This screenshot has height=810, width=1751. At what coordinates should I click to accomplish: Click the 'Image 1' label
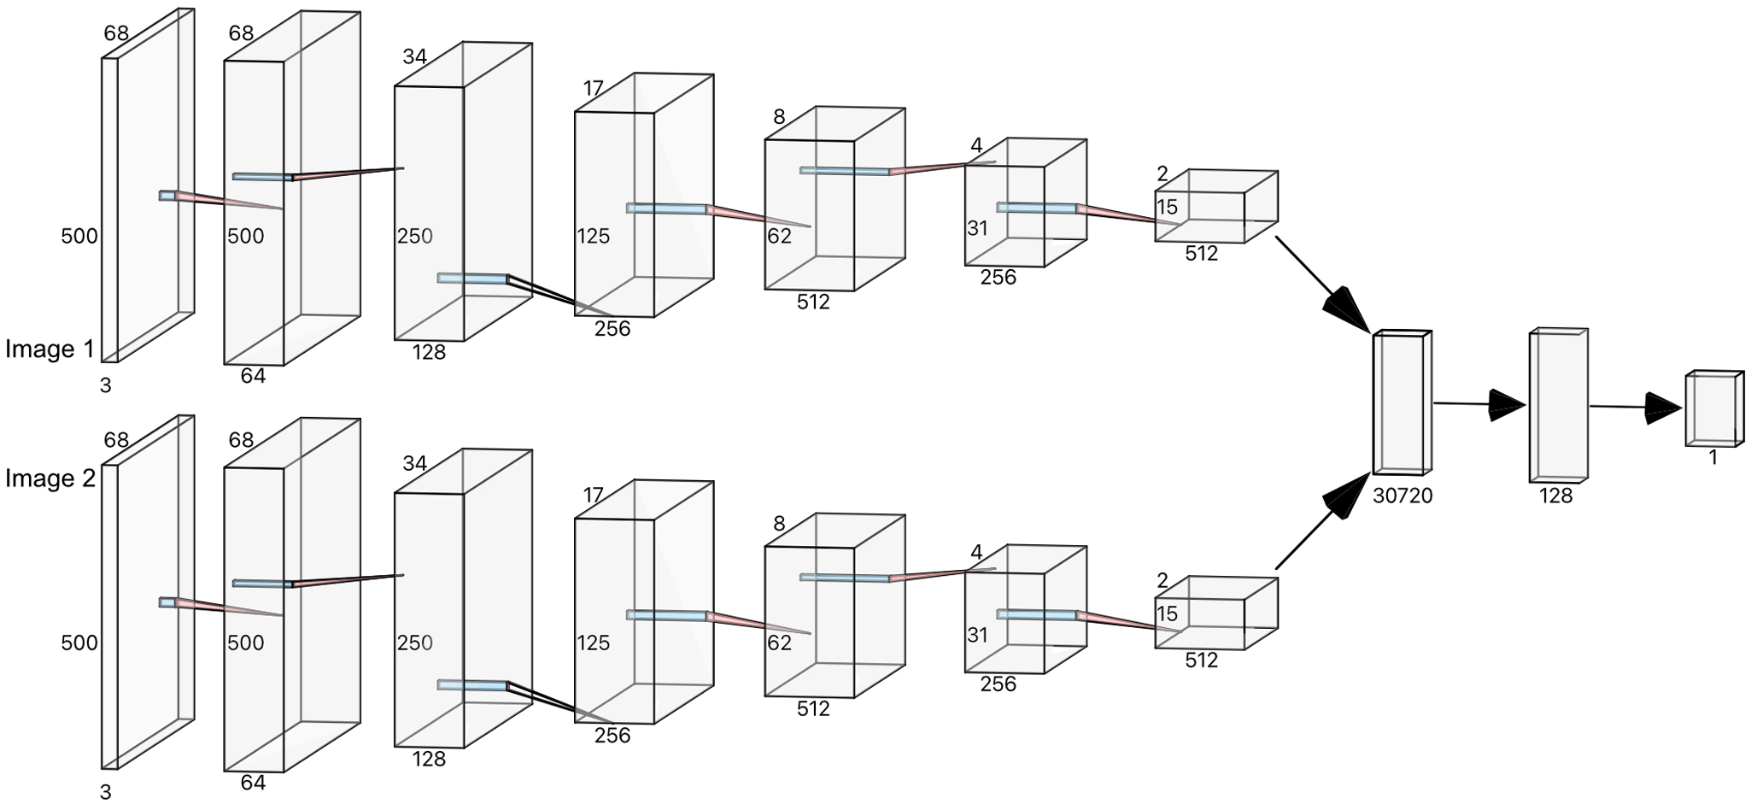click(50, 349)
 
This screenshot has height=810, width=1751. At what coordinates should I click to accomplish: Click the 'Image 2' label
click(50, 479)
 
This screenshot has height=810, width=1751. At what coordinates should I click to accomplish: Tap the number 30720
click(1402, 496)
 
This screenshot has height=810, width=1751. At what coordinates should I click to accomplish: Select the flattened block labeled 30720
click(1401, 403)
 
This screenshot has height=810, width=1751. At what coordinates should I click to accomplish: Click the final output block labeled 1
click(1713, 409)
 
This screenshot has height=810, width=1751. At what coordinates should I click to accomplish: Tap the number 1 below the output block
click(1713, 458)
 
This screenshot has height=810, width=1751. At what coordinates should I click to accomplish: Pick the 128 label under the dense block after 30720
click(1555, 496)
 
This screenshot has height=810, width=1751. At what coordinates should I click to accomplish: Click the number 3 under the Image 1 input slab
click(106, 386)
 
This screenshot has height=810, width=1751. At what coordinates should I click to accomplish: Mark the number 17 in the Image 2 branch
click(594, 496)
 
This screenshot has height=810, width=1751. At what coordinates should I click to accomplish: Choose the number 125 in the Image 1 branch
click(593, 237)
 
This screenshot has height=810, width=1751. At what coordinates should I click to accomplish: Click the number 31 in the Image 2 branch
click(977, 636)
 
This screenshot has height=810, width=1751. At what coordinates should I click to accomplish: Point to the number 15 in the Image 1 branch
click(1167, 208)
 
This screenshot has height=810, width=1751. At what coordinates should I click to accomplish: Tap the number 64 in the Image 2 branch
click(253, 783)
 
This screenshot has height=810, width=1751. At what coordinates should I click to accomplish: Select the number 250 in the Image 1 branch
click(415, 237)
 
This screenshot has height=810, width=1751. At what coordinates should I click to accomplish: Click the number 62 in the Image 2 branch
click(779, 643)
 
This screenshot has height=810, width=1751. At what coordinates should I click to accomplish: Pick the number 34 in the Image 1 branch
click(414, 57)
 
